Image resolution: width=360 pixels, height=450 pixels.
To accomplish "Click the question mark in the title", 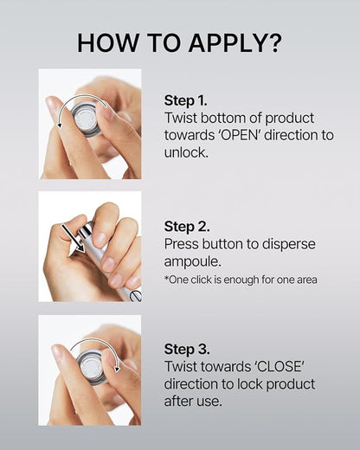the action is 273,43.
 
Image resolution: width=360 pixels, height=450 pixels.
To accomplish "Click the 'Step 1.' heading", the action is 185,100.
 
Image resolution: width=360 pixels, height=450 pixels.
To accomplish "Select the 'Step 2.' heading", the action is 187,226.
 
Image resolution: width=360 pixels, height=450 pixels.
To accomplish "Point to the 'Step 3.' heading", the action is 187,349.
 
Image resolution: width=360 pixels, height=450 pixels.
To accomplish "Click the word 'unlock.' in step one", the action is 186,152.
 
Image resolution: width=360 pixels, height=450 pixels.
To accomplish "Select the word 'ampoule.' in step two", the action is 192,262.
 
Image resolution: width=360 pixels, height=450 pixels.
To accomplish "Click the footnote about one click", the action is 241,280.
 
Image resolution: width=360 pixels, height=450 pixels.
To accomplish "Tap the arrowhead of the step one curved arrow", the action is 60,125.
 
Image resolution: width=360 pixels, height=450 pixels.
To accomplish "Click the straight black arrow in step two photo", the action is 73,238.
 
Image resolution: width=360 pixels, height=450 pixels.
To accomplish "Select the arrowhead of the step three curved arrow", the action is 117,369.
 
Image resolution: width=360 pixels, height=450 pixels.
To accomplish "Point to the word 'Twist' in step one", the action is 180,118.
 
